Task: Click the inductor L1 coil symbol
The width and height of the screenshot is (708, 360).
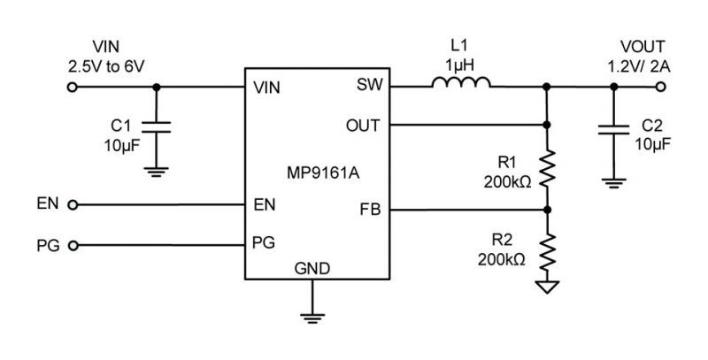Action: [x=460, y=82]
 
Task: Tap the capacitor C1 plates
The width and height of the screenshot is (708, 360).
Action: [x=157, y=126]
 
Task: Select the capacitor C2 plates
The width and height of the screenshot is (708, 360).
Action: [x=613, y=130]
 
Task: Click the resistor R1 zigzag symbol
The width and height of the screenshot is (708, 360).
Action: [x=547, y=169]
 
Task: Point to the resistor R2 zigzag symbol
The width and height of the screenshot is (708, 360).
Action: [x=547, y=251]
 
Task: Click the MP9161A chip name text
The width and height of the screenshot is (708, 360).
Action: [x=323, y=173]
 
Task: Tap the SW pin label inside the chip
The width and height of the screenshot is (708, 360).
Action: [x=369, y=84]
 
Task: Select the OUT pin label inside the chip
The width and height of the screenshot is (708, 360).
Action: [x=363, y=126]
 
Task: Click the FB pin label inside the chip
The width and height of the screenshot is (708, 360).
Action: [x=370, y=210]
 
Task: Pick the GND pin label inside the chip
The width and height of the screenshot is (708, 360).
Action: [x=312, y=269]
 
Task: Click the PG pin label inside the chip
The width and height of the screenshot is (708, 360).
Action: [x=264, y=242]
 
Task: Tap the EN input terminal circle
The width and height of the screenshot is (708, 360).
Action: [x=73, y=205]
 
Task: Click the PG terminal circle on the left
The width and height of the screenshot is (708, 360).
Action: [x=73, y=246]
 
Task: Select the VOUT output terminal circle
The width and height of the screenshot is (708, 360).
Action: [x=660, y=87]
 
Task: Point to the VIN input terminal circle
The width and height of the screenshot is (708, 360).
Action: [x=73, y=87]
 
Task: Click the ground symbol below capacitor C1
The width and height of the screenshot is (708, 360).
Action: [x=157, y=172]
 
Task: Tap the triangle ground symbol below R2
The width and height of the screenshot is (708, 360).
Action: [x=547, y=287]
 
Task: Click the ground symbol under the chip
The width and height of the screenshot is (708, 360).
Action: [x=312, y=318]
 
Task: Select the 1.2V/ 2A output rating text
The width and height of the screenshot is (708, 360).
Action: [x=638, y=66]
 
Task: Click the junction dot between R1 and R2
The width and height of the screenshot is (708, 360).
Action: [x=547, y=210]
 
